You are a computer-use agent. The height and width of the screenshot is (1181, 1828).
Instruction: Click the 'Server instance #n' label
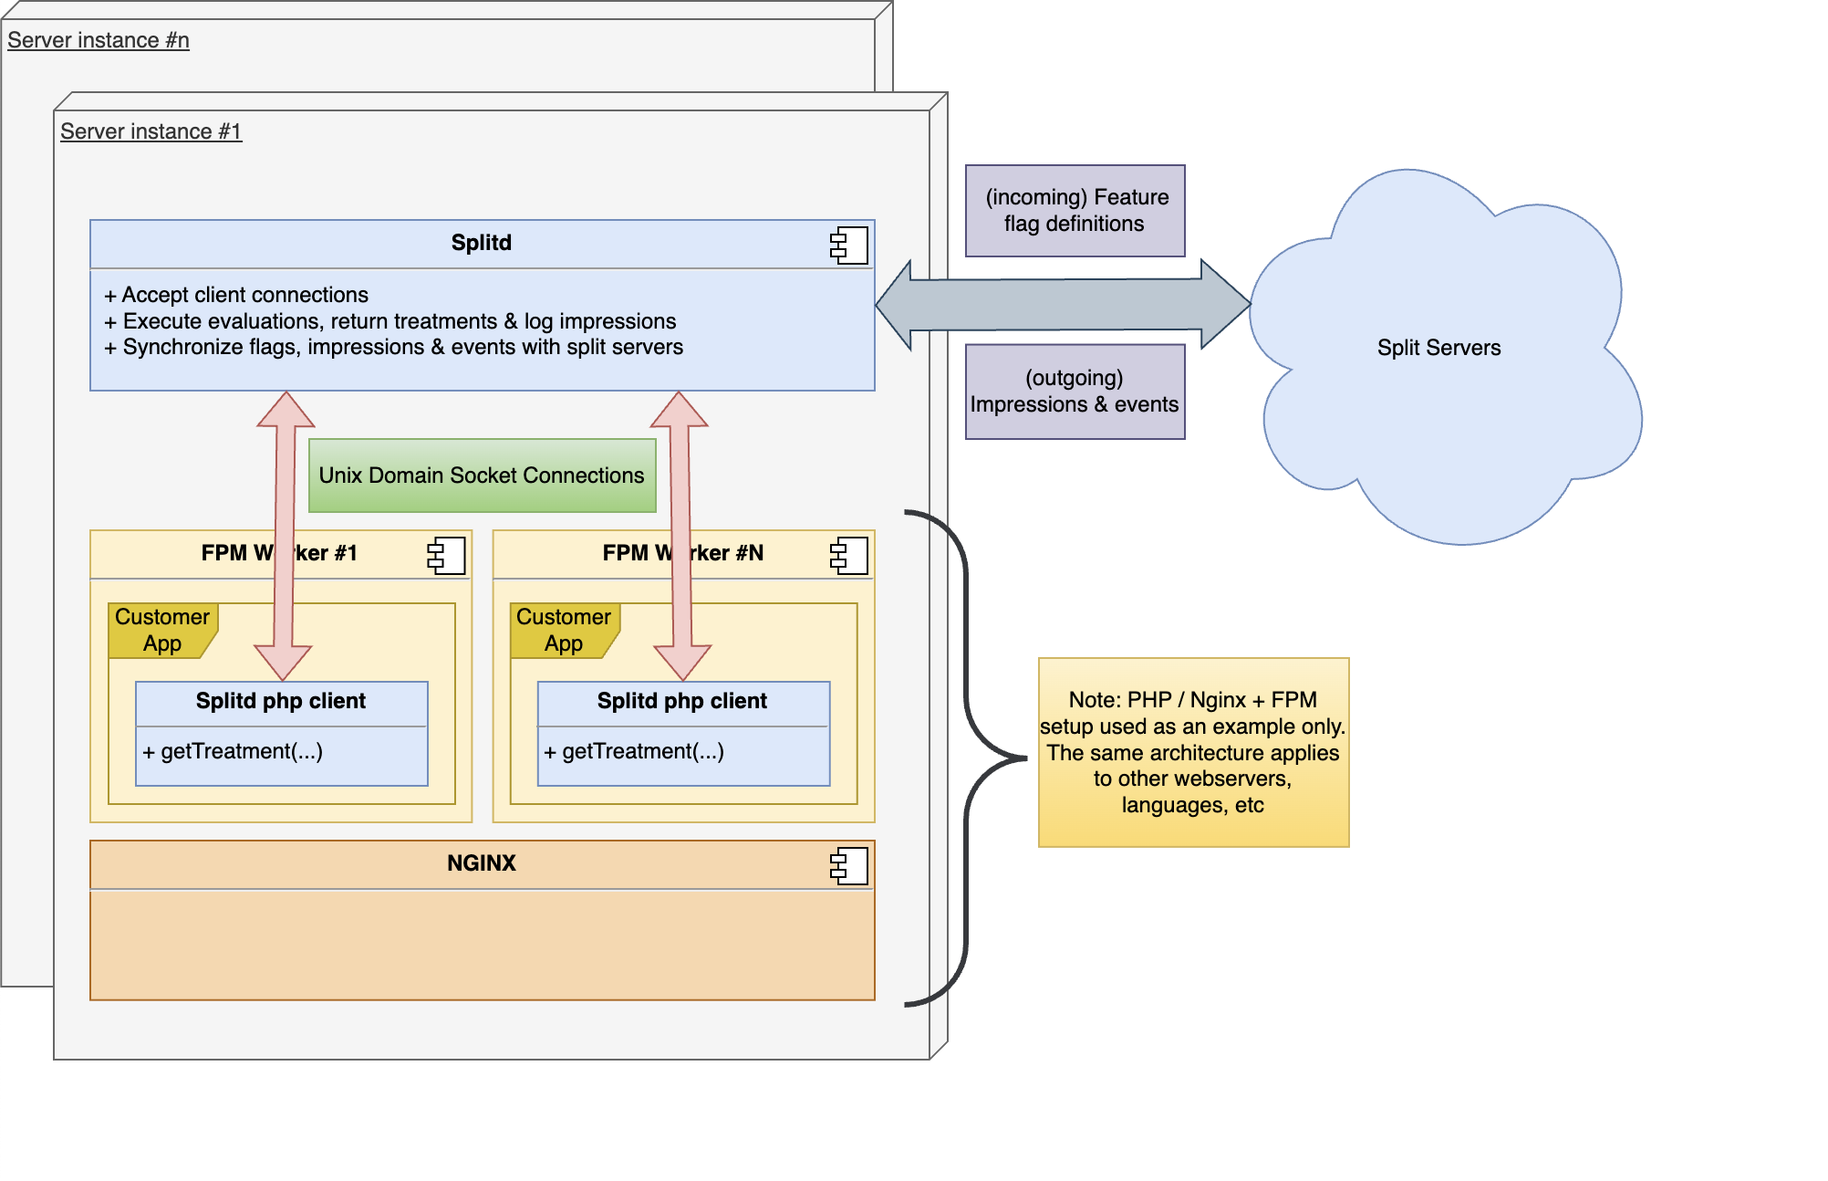(x=99, y=41)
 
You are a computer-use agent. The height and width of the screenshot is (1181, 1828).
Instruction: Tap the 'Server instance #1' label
(x=151, y=132)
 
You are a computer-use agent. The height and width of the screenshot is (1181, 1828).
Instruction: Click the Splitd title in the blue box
(x=482, y=243)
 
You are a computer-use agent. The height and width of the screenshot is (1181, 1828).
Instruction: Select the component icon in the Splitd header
(x=848, y=245)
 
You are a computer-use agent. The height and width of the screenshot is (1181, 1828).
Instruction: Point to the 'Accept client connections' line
(x=244, y=295)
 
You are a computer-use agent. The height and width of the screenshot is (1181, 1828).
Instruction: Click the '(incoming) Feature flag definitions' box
(x=1075, y=211)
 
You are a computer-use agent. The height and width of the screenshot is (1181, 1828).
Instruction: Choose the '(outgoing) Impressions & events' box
(x=1075, y=392)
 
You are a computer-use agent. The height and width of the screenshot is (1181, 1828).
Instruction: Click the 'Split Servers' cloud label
(x=1439, y=348)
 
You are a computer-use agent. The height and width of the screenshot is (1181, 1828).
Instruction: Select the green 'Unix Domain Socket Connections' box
(x=482, y=476)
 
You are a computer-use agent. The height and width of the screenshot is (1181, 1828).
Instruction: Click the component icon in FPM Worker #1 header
(x=446, y=555)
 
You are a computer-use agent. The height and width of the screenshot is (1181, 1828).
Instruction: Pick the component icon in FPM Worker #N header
(x=848, y=555)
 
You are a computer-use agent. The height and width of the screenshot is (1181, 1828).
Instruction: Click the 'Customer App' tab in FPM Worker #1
(x=162, y=630)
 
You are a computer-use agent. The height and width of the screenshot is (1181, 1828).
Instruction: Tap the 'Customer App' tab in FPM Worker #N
(x=564, y=630)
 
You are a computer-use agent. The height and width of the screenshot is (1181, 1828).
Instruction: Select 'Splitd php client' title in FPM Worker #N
(x=682, y=701)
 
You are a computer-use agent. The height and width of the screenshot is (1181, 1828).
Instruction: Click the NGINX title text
(x=482, y=863)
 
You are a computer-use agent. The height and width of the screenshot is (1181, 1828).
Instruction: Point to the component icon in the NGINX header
(x=848, y=865)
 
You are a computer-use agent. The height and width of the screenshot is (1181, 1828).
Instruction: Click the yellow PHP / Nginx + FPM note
(x=1193, y=752)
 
